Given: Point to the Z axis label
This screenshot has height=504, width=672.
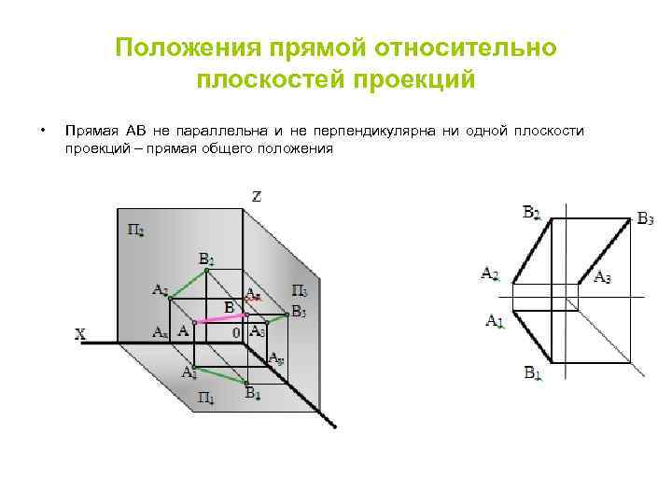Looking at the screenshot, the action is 257,196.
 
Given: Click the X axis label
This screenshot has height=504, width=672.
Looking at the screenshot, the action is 81,334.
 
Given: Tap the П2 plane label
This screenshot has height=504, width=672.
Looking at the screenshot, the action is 135,228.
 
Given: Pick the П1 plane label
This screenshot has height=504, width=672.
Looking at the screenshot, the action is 206,399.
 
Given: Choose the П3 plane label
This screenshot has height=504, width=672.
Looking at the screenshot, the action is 301,291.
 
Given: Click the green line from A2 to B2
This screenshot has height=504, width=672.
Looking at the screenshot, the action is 188,282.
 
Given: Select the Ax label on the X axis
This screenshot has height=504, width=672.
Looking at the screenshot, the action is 161,331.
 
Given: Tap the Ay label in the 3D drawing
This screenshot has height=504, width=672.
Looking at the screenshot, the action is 276,357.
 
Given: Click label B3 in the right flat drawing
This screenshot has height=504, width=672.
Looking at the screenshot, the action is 645,219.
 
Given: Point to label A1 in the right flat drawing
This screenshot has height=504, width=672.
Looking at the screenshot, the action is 495,320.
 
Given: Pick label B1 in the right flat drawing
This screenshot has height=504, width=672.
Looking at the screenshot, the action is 532,373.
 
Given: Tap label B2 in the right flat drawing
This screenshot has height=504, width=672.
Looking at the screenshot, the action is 531,213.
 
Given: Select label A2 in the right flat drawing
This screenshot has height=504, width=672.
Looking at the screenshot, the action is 490,273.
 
